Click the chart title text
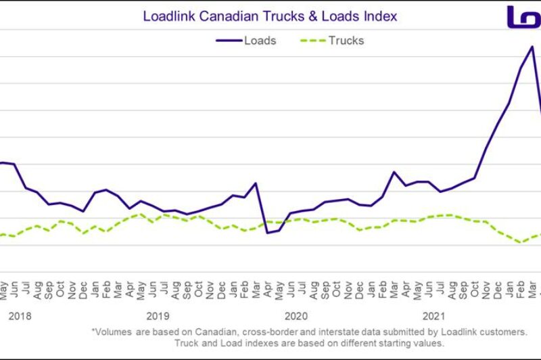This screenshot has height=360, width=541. point(270,16)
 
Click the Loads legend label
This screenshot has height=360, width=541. point(260,41)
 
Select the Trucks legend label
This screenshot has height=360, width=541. point(346,41)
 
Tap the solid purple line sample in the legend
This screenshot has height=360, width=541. point(228,41)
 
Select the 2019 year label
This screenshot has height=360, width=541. point(158,315)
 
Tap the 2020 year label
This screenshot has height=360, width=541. point(296,315)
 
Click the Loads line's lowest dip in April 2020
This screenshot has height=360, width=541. point(267,233)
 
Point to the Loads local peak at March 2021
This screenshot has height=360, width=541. point(394,172)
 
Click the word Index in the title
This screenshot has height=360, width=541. point(381,16)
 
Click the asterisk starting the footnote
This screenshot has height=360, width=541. point(93,332)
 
